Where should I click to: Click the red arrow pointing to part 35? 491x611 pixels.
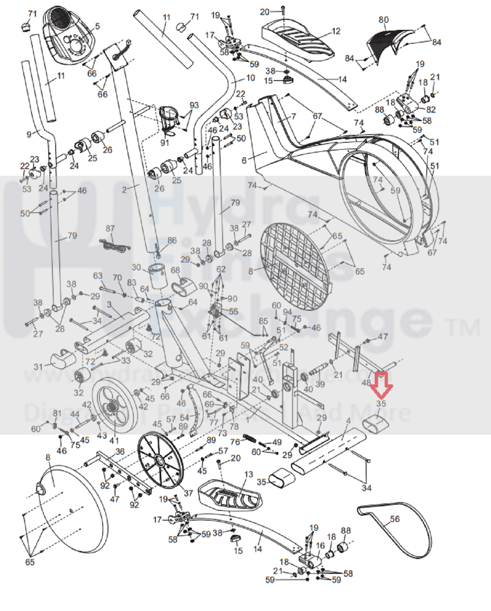click(381, 385)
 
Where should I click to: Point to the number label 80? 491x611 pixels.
click(384, 20)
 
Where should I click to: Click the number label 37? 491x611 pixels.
click(188, 493)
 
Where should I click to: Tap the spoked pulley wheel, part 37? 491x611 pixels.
click(160, 460)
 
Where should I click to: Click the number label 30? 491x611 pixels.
click(136, 267)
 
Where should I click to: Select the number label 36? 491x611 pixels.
click(120, 451)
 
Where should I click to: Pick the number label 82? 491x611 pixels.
click(431, 110)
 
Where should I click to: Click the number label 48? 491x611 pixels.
click(366, 383)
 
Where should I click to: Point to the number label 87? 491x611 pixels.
click(110, 229)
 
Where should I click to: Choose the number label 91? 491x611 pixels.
click(165, 143)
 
